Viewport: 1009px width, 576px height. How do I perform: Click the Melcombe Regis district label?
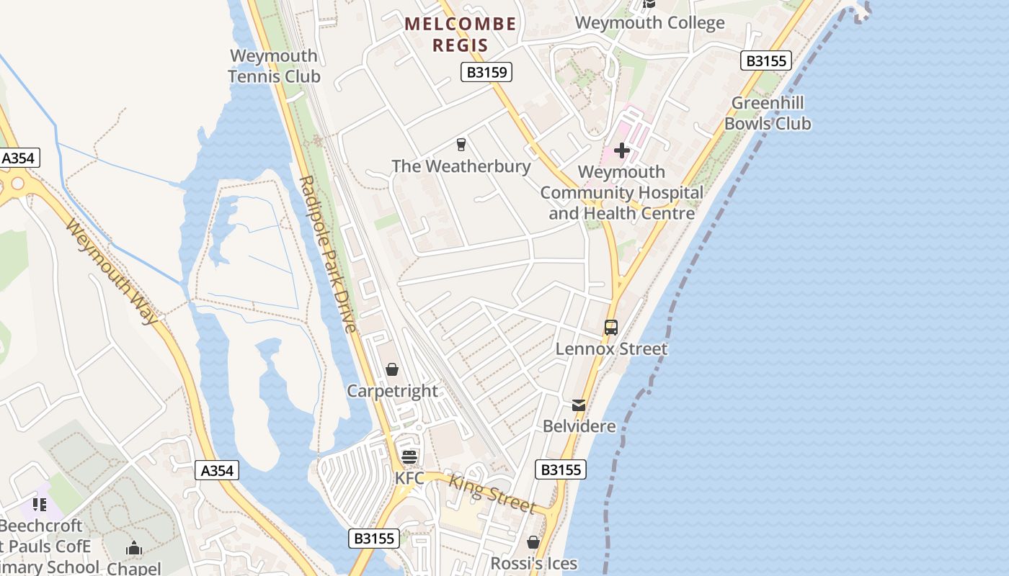(461, 34)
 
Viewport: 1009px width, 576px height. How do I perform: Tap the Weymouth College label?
(649, 22)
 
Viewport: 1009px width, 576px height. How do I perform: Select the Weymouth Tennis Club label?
(274, 66)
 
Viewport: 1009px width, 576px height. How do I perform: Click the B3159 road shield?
(486, 72)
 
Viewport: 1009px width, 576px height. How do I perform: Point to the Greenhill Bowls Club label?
(768, 113)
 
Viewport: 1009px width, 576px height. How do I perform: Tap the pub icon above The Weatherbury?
(461, 145)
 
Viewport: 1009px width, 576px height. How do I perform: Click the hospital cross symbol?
(621, 151)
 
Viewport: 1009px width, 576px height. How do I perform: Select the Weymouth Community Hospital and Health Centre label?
(621, 192)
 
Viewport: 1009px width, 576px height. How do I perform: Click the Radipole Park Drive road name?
(328, 253)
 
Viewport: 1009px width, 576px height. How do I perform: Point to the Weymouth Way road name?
(112, 271)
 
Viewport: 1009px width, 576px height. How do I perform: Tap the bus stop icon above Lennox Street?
(611, 328)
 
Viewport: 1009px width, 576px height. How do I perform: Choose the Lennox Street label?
(611, 349)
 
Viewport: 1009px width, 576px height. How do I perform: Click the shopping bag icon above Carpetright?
(392, 369)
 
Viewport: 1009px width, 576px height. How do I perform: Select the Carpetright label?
(392, 391)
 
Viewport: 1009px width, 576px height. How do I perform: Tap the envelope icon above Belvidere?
(579, 405)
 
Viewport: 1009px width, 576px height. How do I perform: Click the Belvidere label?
(579, 426)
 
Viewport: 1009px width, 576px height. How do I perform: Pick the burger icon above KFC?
(409, 456)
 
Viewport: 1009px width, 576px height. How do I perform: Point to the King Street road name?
(494, 492)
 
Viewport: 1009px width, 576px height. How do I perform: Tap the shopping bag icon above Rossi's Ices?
(533, 541)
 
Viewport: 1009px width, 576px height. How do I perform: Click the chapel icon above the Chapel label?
(134, 549)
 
